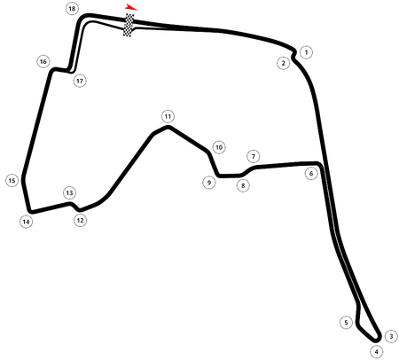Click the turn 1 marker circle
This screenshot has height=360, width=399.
point(306,52)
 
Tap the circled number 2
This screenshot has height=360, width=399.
point(284,63)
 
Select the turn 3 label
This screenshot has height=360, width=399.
point(391,336)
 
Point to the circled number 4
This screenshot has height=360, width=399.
point(376,352)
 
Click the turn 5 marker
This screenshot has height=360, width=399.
point(346,322)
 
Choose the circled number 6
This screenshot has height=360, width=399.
point(311,174)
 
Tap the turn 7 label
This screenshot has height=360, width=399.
point(254,156)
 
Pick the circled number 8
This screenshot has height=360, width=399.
point(243,185)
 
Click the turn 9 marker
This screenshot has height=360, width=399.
point(209,183)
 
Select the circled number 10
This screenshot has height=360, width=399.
point(219,147)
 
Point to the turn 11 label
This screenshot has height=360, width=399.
point(168,116)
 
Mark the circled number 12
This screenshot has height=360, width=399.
point(80,221)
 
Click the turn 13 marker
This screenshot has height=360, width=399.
point(69,193)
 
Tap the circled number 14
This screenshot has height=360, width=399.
point(26,222)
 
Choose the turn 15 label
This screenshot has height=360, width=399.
point(12,181)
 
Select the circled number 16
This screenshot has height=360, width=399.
point(43,61)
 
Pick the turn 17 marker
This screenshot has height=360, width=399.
point(80,81)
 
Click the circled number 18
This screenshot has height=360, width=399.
point(72,9)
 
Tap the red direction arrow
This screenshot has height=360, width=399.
point(130,7)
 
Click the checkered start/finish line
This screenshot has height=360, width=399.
point(129,25)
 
